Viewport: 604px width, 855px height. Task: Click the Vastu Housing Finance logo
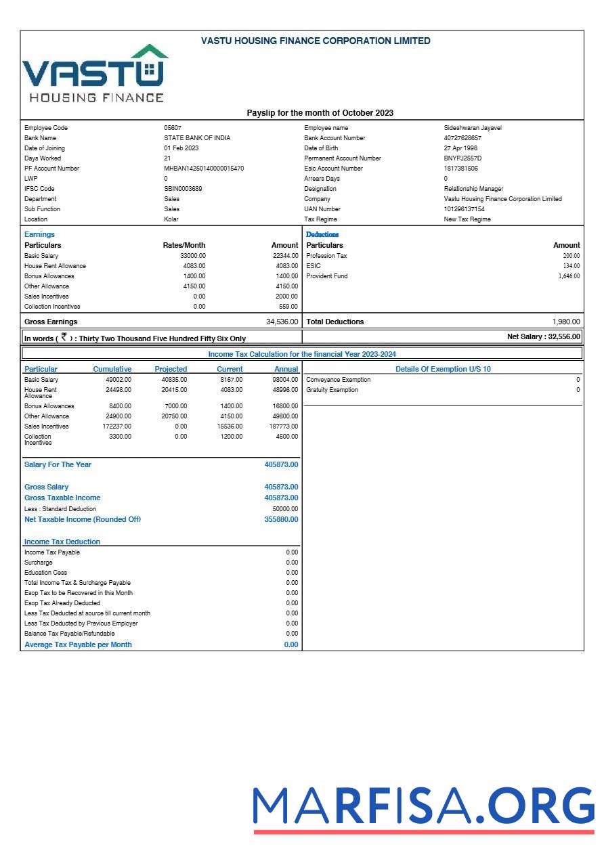tap(95, 74)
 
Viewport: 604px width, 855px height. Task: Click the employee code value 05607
tap(173, 128)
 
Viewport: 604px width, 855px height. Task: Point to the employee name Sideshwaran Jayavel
tap(473, 128)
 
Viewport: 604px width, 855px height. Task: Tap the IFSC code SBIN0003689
tap(183, 189)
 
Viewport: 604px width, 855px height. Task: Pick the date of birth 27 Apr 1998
tap(460, 148)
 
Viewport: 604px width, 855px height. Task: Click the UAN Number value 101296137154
tap(465, 209)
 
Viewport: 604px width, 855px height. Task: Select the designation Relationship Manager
tap(473, 189)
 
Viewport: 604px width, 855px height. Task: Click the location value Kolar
tap(171, 219)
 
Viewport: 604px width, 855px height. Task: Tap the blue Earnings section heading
tap(39, 234)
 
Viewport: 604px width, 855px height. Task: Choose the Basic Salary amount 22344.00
tap(284, 256)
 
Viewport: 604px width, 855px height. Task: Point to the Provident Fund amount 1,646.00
tap(569, 276)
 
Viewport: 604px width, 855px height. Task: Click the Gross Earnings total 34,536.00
tap(282, 322)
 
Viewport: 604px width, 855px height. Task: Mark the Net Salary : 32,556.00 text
tap(544, 336)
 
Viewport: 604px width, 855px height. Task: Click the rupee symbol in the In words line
tap(64, 336)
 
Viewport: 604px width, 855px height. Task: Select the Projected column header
tap(171, 369)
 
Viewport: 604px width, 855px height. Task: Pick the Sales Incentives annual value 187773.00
tap(284, 426)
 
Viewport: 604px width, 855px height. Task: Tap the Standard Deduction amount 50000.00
tap(285, 509)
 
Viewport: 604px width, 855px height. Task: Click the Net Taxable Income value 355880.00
tap(281, 520)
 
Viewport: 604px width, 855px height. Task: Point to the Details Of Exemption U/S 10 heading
tap(443, 369)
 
